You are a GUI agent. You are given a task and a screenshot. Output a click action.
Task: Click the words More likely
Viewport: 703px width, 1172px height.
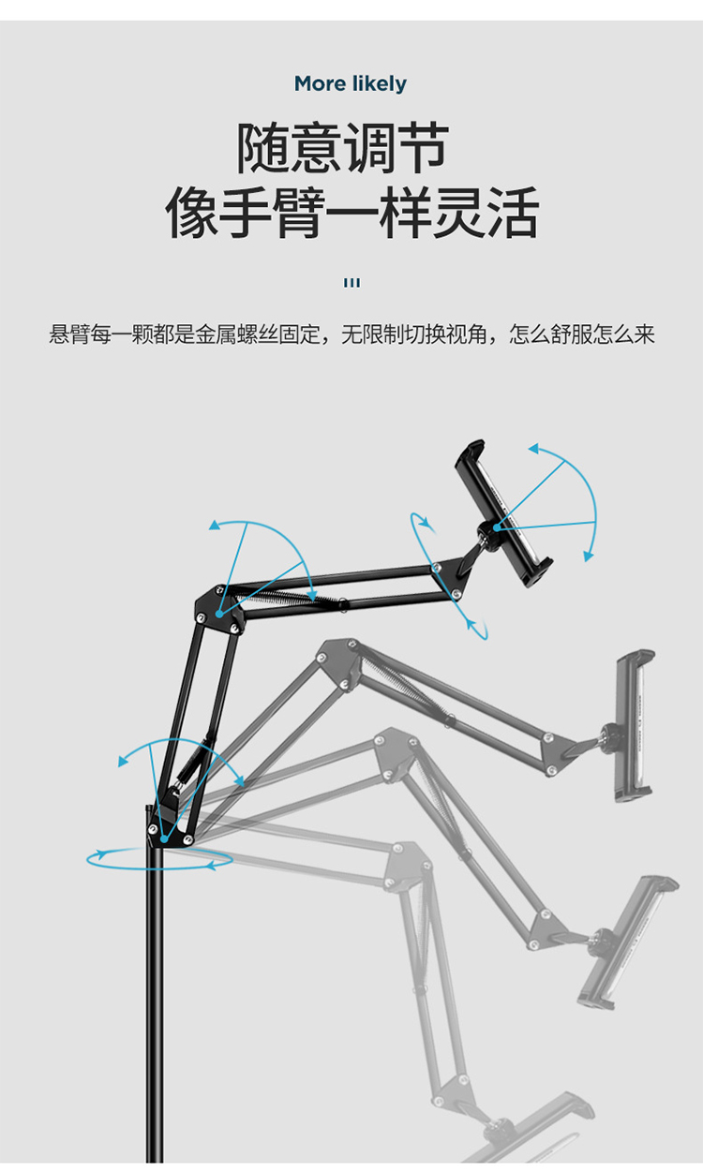pyautogui.click(x=351, y=83)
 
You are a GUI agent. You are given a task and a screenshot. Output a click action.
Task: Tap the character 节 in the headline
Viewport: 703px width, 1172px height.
pyautogui.click(x=423, y=148)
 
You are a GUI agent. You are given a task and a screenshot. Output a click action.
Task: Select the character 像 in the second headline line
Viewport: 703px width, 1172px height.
pyautogui.click(x=191, y=213)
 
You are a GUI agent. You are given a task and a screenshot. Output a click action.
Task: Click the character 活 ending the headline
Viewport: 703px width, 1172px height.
pyautogui.click(x=513, y=213)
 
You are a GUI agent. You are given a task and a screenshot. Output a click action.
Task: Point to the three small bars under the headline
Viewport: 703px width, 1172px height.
pyautogui.click(x=351, y=283)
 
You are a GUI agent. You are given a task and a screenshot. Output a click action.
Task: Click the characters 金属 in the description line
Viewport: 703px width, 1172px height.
pyautogui.click(x=216, y=334)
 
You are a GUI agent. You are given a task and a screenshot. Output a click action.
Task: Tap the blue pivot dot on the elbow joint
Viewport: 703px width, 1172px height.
pyautogui.click(x=219, y=614)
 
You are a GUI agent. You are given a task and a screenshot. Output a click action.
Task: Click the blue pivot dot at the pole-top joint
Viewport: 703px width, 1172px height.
pyautogui.click(x=164, y=839)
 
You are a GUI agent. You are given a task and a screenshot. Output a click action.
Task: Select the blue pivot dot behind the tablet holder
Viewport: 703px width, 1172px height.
pyautogui.click(x=496, y=527)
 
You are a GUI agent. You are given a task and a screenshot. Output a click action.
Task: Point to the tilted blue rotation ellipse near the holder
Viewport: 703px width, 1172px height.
pyautogui.click(x=449, y=576)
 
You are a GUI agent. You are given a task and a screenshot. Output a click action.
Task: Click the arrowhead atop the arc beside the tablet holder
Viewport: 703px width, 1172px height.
pyautogui.click(x=533, y=449)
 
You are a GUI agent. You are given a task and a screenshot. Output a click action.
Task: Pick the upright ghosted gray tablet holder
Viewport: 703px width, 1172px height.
pyautogui.click(x=635, y=726)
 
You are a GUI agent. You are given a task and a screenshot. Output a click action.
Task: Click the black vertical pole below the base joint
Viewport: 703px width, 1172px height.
pyautogui.click(x=155, y=1004)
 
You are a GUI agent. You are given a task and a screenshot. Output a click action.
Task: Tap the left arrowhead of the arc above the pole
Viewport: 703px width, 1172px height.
pyautogui.click(x=123, y=762)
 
